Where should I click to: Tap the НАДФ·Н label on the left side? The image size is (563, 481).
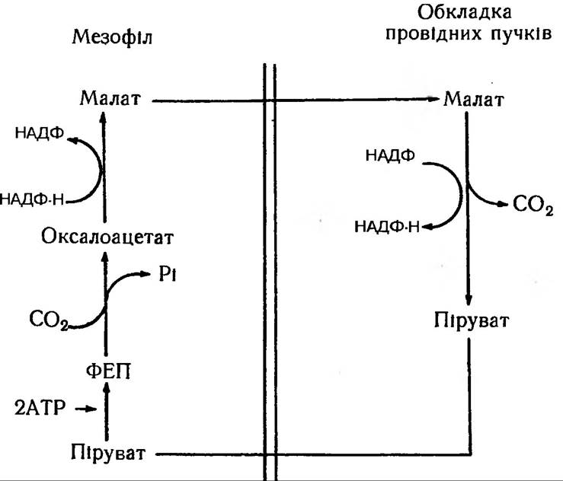pos(34,200)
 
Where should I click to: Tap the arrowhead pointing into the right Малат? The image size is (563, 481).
pos(433,100)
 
